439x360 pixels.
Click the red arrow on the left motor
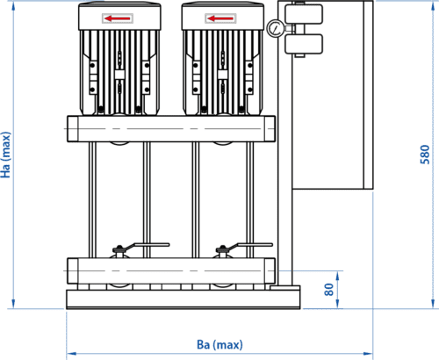118,18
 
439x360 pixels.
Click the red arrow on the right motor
220,18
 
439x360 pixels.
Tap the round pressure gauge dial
275,28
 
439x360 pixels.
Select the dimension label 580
425,155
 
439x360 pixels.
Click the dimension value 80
329,290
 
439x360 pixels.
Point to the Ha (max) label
5,155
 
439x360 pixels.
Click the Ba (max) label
219,344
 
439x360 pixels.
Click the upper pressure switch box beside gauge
304,14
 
